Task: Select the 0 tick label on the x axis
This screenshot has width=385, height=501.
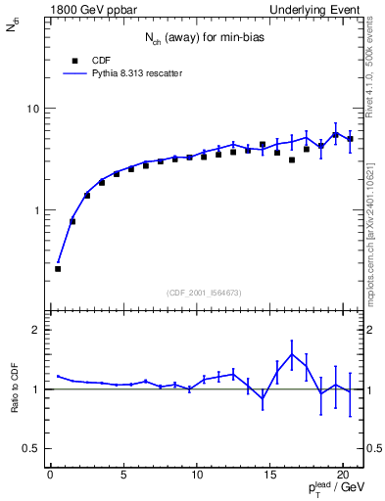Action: [x=50, y=477]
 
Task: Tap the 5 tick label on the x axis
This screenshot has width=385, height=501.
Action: [x=123, y=477]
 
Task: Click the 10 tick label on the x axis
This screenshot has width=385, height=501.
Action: [x=196, y=477]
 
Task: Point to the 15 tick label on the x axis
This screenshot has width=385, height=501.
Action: [x=269, y=477]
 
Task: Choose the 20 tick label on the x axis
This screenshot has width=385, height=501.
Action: [x=342, y=477]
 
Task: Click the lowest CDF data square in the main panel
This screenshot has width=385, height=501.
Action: [x=58, y=268]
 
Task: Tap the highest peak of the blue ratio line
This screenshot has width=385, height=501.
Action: [x=292, y=354]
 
